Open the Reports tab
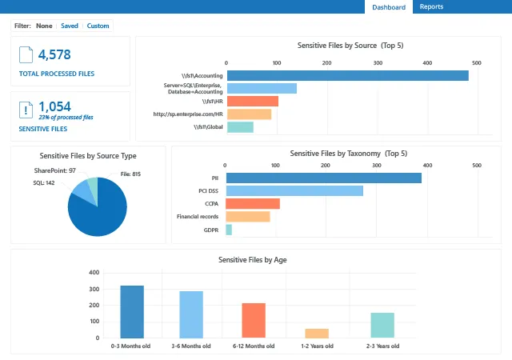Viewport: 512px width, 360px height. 431,6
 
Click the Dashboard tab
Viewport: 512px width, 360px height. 389,7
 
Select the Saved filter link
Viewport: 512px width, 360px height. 70,26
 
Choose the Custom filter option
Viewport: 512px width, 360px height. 98,26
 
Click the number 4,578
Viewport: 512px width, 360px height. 54,54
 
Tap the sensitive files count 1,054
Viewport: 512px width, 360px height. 54,106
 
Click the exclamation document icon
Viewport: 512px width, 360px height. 26,110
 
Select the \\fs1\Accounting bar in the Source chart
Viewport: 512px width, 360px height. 348,75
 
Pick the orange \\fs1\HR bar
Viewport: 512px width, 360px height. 253,102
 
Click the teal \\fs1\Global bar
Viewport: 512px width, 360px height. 240,127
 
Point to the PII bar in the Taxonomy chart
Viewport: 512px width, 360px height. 323,178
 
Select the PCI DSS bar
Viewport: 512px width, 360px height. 294,190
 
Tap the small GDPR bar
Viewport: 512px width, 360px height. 229,230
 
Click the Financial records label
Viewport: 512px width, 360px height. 198,217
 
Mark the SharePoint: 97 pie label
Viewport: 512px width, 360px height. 55,170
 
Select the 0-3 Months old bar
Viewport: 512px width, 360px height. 132,312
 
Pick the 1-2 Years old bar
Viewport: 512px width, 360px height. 317,334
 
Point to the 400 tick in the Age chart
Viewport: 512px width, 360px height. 94,273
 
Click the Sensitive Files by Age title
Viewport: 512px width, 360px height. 253,260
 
